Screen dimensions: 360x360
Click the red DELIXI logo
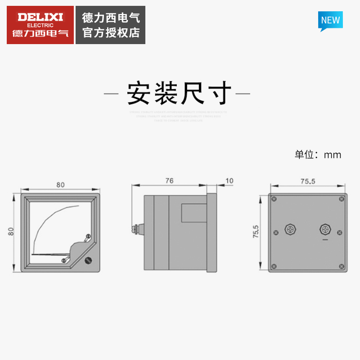40,25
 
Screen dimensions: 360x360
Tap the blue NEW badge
330,21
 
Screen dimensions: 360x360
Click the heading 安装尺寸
179,93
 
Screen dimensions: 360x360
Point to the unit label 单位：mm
318,155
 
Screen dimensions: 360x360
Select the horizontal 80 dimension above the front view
60,184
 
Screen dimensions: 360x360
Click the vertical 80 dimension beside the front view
11,232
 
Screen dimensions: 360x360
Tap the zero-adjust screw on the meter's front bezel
89,260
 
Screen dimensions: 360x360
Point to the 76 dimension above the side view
169,181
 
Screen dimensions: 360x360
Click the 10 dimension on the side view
229,181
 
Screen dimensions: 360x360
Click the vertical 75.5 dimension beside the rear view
256,232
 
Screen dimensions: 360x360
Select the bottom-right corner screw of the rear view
342,266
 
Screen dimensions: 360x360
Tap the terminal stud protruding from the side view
135,229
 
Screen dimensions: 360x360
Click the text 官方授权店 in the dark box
111,32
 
